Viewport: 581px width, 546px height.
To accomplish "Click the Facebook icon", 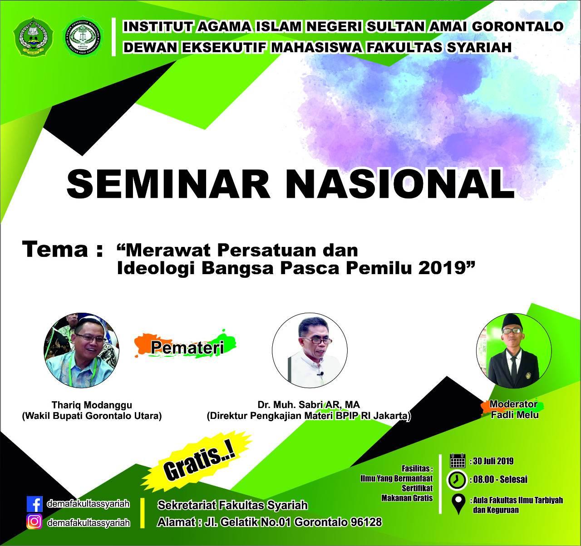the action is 34,504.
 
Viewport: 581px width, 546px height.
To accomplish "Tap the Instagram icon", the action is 34,522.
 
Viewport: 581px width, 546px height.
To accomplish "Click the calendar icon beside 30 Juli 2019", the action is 458,461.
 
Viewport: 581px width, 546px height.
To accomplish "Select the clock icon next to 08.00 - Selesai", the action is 457,479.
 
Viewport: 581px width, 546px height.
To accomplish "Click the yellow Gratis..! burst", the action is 197,461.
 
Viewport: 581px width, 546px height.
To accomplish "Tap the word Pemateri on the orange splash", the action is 187,348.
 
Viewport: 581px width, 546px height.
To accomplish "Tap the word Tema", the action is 55,250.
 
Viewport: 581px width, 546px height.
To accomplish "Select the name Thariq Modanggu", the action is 92,405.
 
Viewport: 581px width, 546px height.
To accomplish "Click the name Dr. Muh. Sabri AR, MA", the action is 309,405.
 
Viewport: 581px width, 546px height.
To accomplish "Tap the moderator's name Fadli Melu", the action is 515,415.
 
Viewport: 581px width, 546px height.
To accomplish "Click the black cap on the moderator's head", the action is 512,320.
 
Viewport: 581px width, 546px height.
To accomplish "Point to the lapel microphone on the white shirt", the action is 321,374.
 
